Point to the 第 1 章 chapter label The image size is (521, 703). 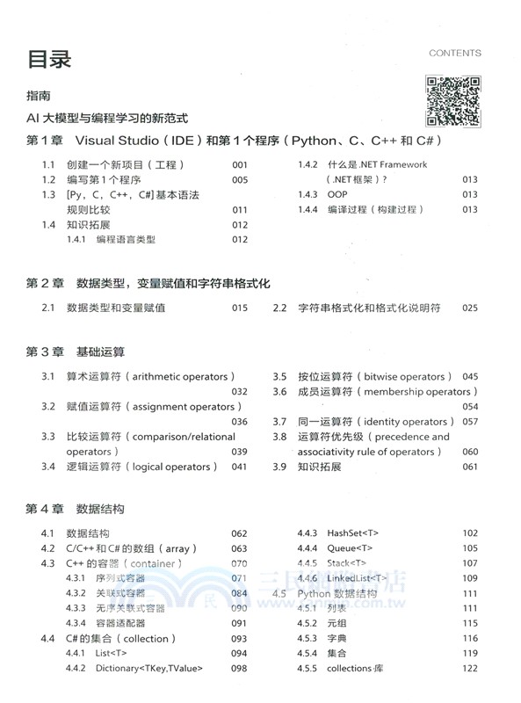46,141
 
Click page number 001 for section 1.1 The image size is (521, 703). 240,165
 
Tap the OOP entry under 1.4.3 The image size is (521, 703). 337,195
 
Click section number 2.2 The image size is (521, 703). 280,308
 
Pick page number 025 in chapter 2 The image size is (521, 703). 469,308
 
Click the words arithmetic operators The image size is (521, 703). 181,377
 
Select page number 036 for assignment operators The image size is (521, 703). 240,422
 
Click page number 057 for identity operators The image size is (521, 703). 469,422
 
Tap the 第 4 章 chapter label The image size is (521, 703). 46,509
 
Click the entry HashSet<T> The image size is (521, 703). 352,533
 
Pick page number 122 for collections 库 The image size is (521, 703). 469,669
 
